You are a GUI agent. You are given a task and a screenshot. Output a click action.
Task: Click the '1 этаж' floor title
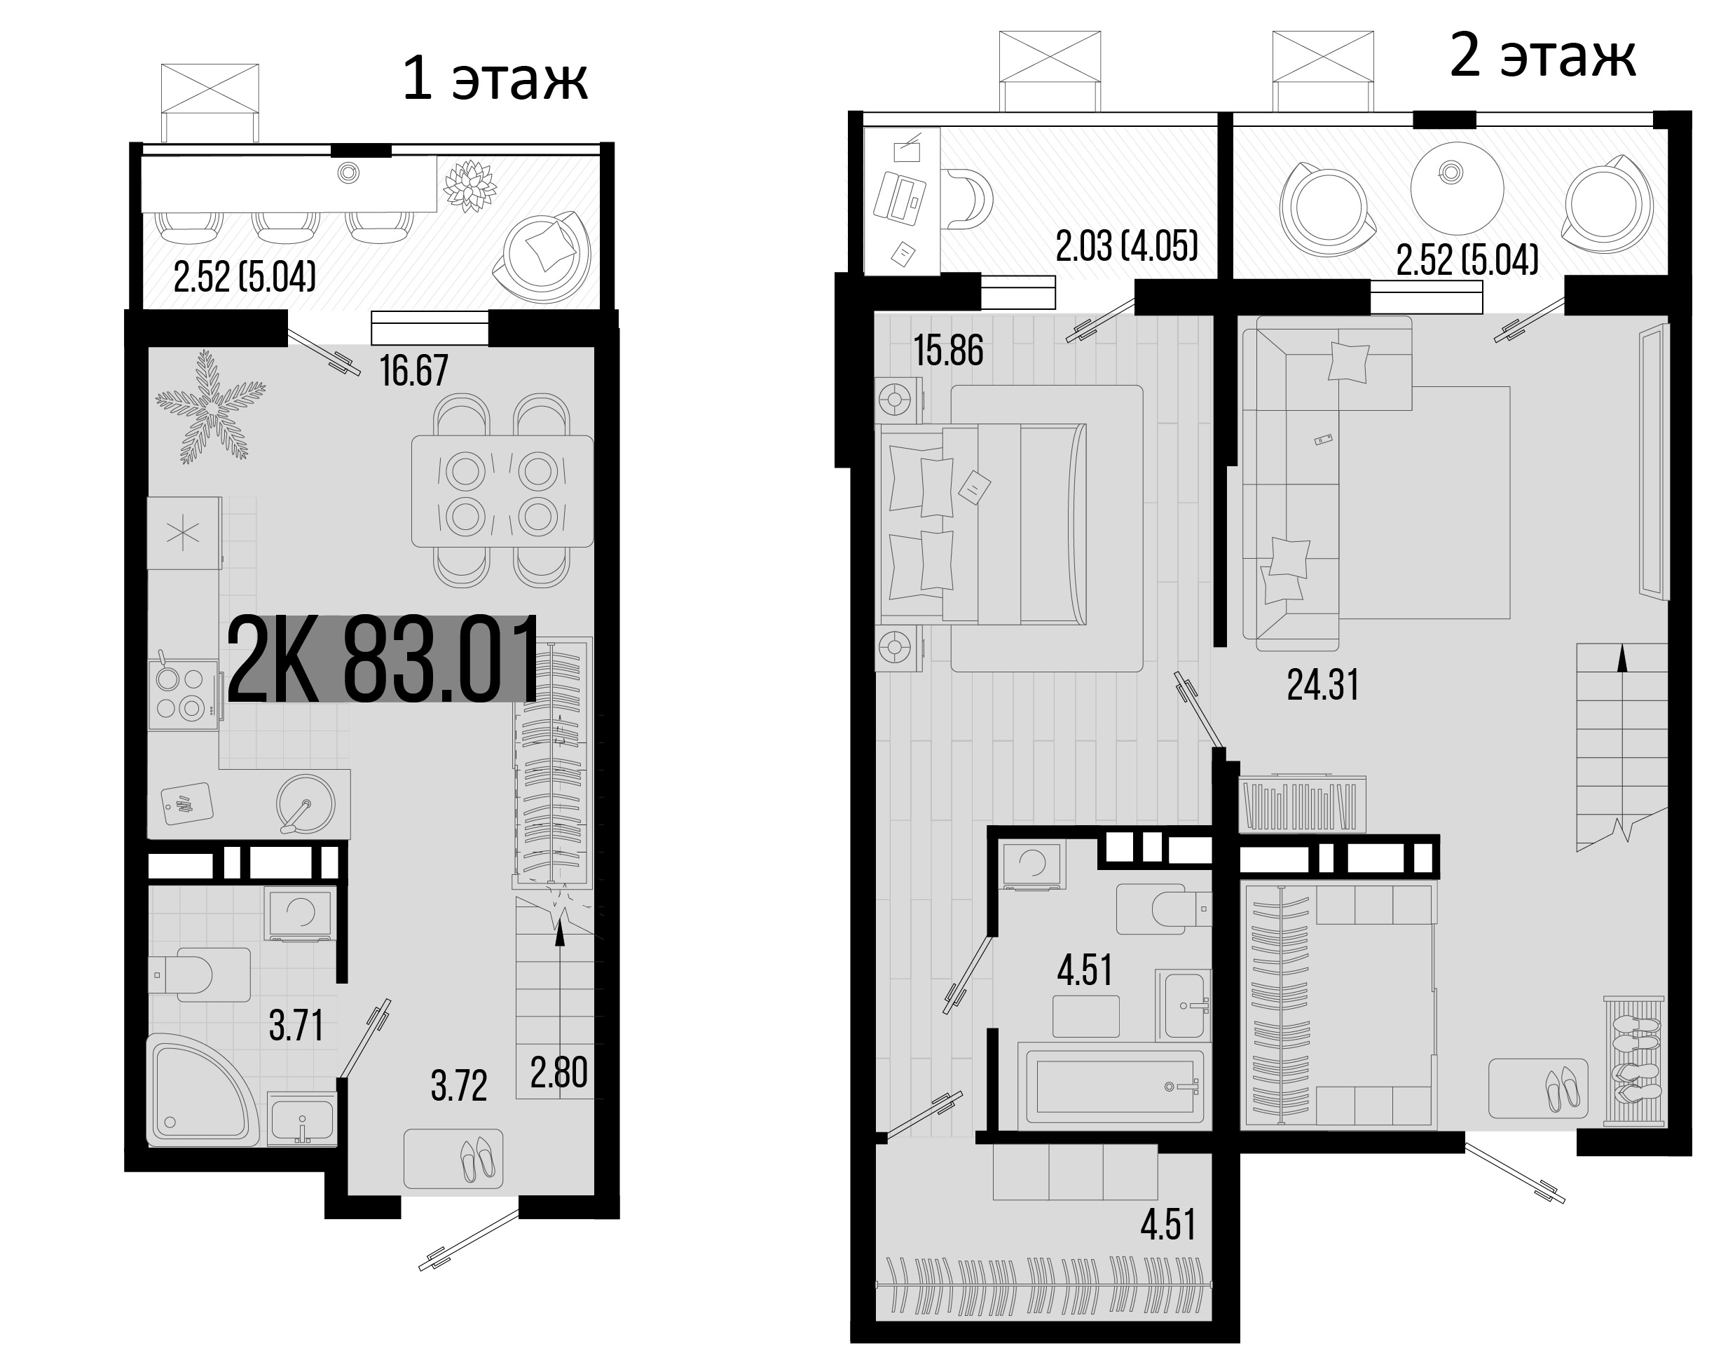[x=495, y=80]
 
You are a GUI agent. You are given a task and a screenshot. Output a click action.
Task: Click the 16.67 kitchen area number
[x=413, y=372]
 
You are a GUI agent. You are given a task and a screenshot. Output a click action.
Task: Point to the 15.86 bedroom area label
[x=948, y=351]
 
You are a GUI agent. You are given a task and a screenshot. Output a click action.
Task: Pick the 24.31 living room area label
[x=1323, y=685]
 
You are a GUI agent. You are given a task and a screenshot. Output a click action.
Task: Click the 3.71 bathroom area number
[x=296, y=1026]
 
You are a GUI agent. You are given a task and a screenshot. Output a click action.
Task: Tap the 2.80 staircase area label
[x=558, y=1073]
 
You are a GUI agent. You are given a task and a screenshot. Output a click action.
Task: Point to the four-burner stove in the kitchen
[x=181, y=694]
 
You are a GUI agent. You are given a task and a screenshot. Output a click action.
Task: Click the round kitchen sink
[x=306, y=803]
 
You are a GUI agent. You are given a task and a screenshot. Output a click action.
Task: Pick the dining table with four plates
[x=502, y=492]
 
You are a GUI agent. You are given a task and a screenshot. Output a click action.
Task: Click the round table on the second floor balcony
[x=1457, y=189]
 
